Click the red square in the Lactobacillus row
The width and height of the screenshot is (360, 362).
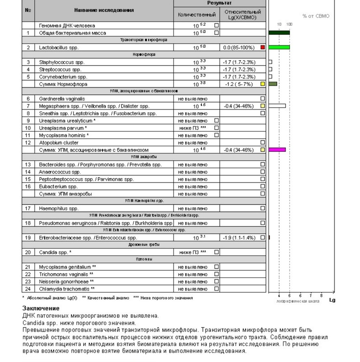click(x=263, y=47)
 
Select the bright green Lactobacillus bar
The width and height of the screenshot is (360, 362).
click(x=279, y=47)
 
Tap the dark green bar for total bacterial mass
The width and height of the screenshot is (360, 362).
click(x=279, y=32)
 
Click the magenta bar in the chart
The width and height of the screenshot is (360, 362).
click(x=277, y=150)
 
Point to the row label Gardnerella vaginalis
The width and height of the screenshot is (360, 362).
click(x=62, y=99)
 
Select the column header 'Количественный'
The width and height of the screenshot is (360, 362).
click(x=197, y=15)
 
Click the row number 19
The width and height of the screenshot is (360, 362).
click(x=28, y=237)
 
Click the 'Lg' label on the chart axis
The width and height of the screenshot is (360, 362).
click(x=332, y=299)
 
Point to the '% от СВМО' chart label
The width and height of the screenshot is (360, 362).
click(x=316, y=16)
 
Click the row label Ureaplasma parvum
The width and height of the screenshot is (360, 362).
click(x=63, y=128)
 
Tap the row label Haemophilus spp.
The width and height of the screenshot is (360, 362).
click(x=59, y=208)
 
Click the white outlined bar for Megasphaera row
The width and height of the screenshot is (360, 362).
click(x=277, y=106)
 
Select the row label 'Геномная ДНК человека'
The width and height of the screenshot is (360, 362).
click(x=67, y=25)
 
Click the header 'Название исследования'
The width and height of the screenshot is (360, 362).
click(x=104, y=10)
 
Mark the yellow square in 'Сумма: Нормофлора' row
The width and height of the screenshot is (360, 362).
click(x=263, y=84)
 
